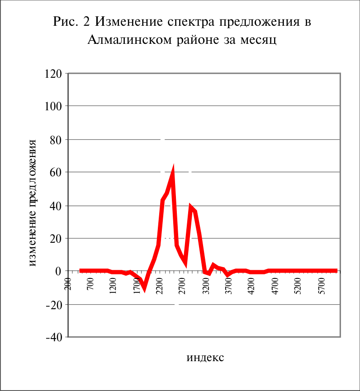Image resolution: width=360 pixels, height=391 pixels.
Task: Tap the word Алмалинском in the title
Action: [x=129, y=40]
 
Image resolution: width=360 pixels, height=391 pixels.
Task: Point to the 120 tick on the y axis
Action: [x=53, y=74]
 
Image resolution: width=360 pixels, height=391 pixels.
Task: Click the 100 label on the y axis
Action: [x=53, y=106]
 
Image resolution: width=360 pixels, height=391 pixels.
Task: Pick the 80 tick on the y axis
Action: [x=56, y=140]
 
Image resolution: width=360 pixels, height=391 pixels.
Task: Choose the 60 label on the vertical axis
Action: [x=56, y=172]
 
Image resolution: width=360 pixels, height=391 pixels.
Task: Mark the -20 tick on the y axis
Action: [x=54, y=305]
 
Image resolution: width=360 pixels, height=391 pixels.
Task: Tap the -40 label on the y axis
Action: [x=54, y=337]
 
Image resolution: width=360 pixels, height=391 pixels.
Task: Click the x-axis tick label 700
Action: [x=90, y=284]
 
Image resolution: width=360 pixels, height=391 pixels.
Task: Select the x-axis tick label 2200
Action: [x=159, y=286]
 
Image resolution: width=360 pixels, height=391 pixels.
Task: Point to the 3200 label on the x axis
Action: [x=206, y=286]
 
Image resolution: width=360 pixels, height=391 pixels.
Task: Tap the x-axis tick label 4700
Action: [x=275, y=286]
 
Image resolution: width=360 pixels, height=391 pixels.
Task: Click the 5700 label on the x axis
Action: [x=322, y=286]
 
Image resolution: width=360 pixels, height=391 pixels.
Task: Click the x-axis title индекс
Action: [x=205, y=358]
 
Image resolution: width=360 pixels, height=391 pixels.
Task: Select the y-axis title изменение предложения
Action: [x=33, y=203]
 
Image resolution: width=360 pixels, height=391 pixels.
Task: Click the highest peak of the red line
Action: [x=172, y=168]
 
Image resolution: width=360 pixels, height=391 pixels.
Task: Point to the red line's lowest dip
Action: [x=144, y=290]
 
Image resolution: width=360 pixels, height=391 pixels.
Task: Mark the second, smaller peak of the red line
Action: [x=190, y=206]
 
